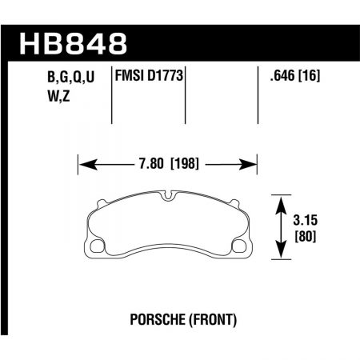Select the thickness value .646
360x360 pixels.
click(x=277, y=78)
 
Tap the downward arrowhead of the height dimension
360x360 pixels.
click(x=282, y=253)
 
